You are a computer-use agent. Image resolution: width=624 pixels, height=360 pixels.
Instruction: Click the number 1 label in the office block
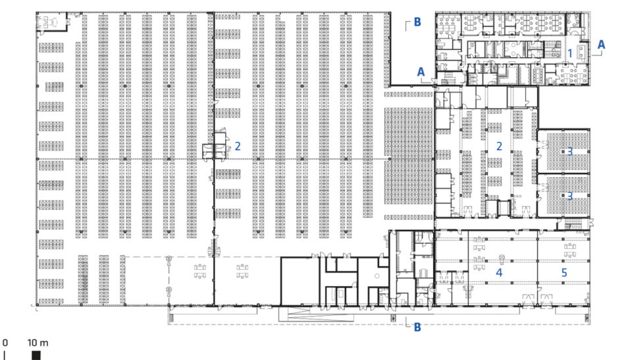[570, 53]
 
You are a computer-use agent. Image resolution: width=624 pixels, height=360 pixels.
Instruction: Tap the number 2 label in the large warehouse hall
[238, 146]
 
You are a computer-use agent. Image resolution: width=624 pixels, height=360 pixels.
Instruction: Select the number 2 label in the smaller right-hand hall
[499, 146]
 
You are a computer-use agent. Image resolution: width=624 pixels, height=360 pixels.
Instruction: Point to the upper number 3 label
[570, 151]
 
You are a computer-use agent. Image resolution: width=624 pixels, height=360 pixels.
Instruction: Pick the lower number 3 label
[570, 196]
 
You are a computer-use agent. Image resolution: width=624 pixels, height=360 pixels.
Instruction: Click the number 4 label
[499, 272]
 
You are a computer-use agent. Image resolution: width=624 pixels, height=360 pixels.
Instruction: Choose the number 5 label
[564, 272]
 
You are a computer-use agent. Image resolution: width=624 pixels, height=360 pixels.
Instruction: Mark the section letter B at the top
[417, 22]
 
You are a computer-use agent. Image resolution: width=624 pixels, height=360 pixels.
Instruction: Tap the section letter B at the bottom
[417, 327]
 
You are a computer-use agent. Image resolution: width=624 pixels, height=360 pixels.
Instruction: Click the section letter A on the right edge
[601, 45]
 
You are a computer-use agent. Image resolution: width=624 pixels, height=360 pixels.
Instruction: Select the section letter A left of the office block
[421, 72]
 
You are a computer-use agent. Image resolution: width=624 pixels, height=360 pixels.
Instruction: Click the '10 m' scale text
[38, 342]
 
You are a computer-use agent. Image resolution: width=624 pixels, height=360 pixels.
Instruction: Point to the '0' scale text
[5, 342]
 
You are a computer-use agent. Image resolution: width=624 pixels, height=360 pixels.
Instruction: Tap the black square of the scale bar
[36, 355]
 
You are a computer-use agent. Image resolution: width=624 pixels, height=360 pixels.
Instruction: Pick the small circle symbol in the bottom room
[377, 276]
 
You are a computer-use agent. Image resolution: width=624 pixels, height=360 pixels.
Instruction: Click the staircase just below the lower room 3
[573, 224]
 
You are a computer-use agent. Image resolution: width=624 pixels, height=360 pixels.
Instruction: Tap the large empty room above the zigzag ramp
[299, 281]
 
